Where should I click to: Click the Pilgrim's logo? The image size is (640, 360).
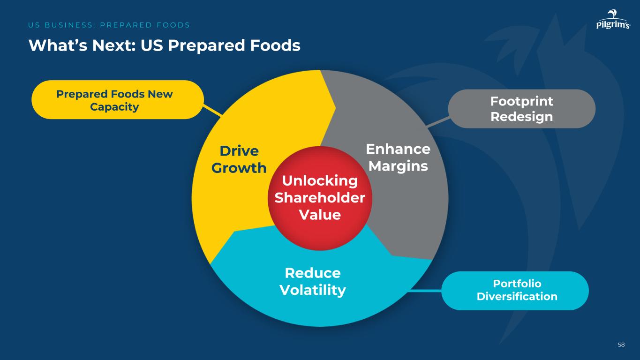click(x=613, y=21)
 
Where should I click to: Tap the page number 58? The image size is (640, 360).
click(x=621, y=345)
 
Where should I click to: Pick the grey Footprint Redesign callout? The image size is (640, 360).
click(x=521, y=109)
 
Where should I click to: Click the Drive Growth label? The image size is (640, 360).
click(x=239, y=159)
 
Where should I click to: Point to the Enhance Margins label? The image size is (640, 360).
click(x=398, y=157)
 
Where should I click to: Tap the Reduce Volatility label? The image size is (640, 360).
click(x=312, y=281)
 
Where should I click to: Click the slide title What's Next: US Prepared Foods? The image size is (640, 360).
click(x=164, y=45)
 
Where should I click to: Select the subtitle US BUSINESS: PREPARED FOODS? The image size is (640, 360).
click(x=109, y=25)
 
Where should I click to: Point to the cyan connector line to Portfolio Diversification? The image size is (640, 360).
click(x=425, y=291)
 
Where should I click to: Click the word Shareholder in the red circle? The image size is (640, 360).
click(x=319, y=198)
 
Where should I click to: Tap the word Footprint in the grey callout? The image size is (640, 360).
click(x=521, y=101)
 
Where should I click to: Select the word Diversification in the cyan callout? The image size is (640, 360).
click(x=517, y=296)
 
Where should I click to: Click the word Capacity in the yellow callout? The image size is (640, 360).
click(x=114, y=107)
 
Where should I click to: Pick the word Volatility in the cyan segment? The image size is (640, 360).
click(x=312, y=290)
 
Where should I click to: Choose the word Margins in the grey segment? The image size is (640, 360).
click(x=398, y=166)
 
